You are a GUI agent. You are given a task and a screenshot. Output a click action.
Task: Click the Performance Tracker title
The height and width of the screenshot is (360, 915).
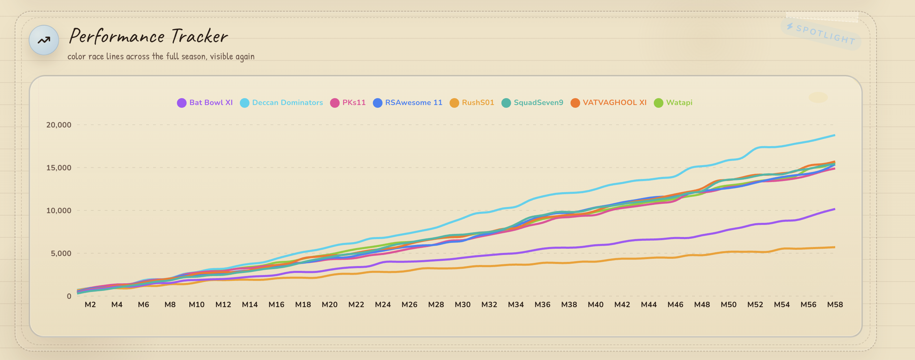[x=148, y=36]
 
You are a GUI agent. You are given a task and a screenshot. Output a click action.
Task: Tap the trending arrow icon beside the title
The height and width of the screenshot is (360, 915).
[x=44, y=40]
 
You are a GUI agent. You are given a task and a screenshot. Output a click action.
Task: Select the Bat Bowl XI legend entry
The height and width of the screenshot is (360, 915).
[x=205, y=103]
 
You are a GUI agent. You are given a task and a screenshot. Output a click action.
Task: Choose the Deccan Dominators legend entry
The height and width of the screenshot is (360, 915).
[x=281, y=103]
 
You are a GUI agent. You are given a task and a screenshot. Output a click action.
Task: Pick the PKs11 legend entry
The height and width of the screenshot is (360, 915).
[x=348, y=103]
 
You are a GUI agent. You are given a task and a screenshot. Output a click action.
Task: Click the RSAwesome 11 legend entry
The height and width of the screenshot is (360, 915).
[x=408, y=103]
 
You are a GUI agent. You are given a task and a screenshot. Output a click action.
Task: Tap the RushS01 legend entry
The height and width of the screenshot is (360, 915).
[x=472, y=103]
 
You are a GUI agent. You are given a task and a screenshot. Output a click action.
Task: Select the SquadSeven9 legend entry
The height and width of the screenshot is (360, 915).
[x=532, y=103]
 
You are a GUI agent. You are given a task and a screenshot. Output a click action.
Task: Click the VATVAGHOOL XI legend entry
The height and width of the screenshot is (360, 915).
[x=609, y=103]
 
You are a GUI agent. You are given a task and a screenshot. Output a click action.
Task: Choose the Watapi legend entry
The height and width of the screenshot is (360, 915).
[x=673, y=103]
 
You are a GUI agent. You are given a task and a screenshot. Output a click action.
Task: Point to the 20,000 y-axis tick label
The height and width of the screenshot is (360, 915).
[x=59, y=125]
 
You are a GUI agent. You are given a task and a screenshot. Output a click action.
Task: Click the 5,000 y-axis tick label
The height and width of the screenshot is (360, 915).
[x=61, y=253]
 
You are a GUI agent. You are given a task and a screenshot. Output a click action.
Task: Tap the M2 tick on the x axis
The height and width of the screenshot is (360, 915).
[x=90, y=304]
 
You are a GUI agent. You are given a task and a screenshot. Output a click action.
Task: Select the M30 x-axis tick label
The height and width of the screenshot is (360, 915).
[x=462, y=304]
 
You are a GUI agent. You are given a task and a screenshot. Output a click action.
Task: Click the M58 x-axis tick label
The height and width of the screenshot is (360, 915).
[x=835, y=304]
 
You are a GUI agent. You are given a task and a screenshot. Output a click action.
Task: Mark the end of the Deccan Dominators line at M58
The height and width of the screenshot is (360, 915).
[x=835, y=135]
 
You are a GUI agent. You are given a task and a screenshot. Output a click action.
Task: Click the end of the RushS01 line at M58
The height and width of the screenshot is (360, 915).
[x=835, y=247]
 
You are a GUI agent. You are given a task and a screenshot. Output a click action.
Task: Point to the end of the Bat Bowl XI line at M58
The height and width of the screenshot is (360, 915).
[x=835, y=209]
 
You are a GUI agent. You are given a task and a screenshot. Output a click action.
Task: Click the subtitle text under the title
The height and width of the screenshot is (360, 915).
[x=161, y=56]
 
